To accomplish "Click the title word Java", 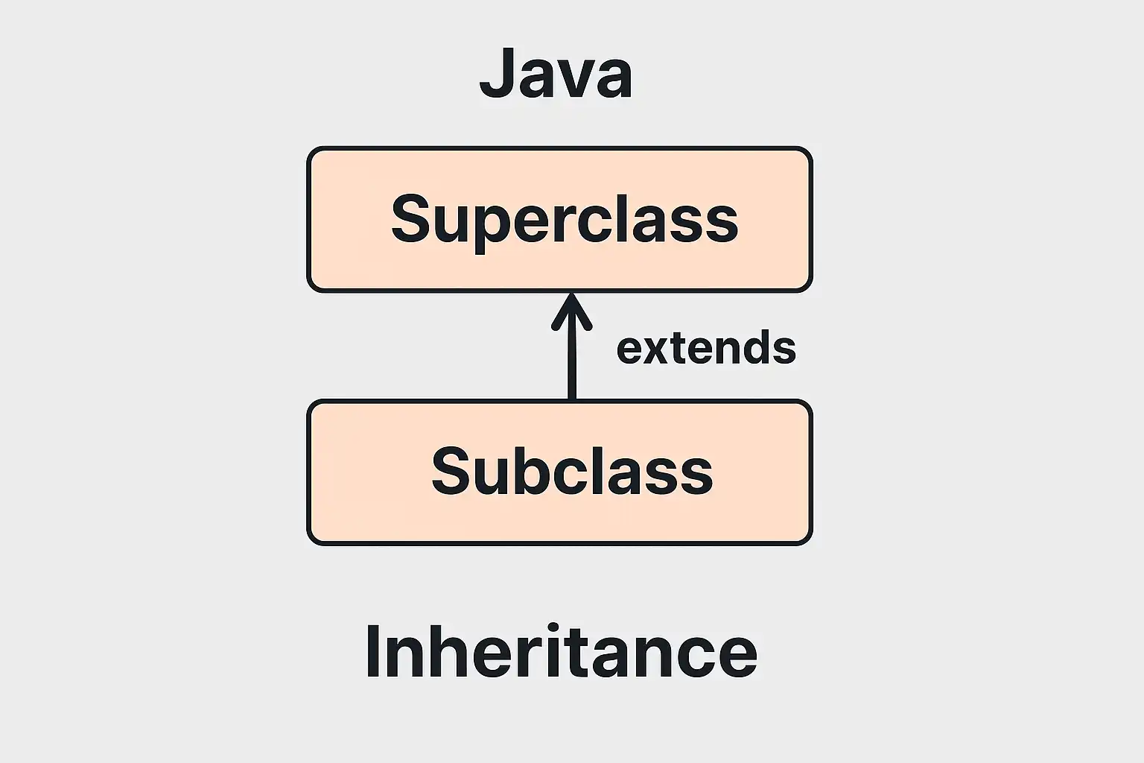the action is (556, 73).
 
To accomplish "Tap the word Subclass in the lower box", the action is (572, 470).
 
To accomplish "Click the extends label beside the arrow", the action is (706, 347).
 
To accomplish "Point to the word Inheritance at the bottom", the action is (562, 650).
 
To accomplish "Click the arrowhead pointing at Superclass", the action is (572, 311).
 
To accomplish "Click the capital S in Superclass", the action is (410, 218).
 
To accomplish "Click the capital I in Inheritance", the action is (372, 651).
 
